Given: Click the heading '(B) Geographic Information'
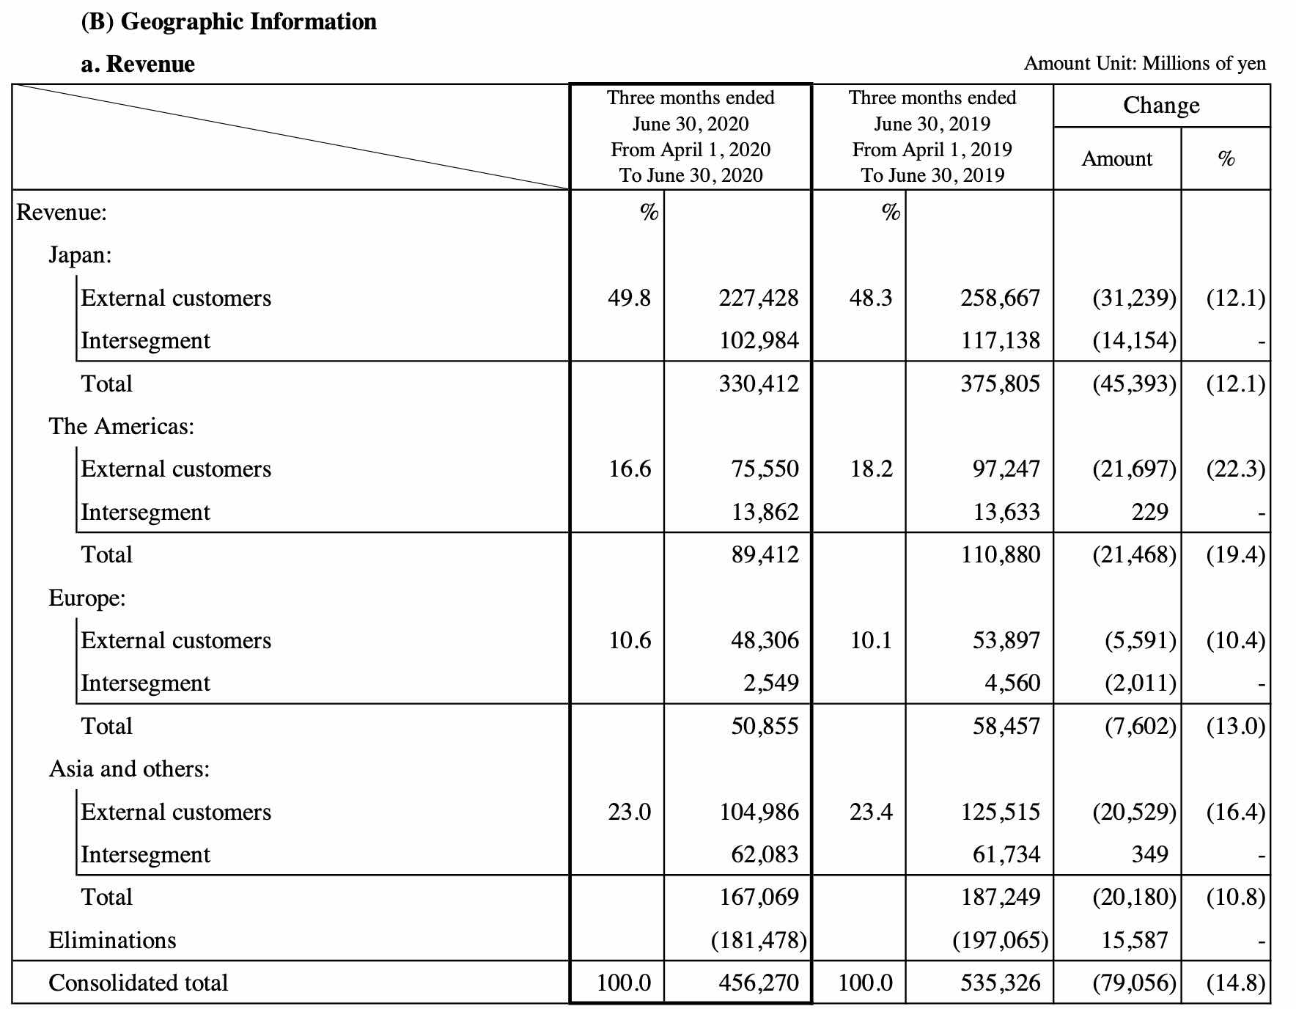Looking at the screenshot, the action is [x=229, y=22].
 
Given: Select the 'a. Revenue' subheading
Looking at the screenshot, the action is [x=138, y=64].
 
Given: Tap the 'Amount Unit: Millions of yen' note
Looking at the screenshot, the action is [x=1145, y=63].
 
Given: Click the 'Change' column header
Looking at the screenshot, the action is [x=1161, y=106].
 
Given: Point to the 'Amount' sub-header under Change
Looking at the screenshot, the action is [x=1117, y=158].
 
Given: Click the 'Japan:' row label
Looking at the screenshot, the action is [x=80, y=254].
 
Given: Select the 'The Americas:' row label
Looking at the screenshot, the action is [x=122, y=426].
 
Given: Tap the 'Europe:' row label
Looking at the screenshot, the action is [x=87, y=598].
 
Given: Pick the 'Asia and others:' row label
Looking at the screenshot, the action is [x=129, y=768].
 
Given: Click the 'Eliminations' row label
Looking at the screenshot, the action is [x=112, y=940].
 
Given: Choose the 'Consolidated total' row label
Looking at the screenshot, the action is [x=139, y=983].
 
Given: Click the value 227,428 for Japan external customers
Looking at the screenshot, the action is [x=759, y=298].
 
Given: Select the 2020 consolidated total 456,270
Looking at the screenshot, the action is [x=759, y=983].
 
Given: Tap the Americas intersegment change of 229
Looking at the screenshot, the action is [x=1149, y=512].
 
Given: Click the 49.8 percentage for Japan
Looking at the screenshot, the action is [x=629, y=298].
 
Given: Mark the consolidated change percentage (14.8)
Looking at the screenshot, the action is [x=1236, y=983].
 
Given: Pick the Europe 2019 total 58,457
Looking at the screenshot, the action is [x=1006, y=726].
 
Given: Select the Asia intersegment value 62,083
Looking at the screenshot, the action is [x=765, y=854].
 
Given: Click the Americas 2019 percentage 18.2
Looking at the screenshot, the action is [x=872, y=469].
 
